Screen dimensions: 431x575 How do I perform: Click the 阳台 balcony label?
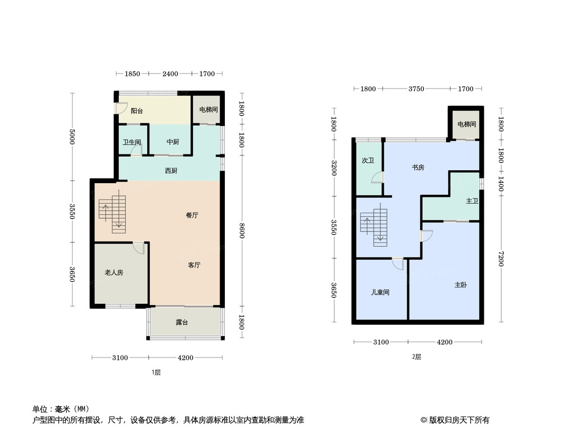tap(137, 111)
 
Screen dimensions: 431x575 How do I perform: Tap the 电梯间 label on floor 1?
tap(208, 110)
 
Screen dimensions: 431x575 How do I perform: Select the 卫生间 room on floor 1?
tap(132, 142)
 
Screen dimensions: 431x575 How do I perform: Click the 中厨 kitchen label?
tap(172, 142)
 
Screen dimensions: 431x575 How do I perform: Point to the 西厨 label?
tap(171, 171)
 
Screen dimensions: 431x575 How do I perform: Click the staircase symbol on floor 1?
tap(112, 214)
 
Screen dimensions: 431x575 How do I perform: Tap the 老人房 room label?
tap(114, 273)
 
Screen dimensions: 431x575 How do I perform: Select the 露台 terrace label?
tap(182, 323)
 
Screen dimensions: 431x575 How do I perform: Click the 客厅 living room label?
tap(194, 265)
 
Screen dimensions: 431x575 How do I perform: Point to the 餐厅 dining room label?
tap(192, 215)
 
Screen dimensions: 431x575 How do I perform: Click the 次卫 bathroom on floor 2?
tap(368, 161)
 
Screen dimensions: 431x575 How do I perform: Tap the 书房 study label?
tap(418, 168)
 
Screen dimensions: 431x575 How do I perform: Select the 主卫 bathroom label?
tap(472, 201)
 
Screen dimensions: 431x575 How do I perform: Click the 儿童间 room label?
tap(380, 293)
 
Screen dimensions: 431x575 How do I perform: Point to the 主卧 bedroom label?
tap(461, 285)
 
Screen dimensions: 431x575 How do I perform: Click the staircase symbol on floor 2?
tap(375, 225)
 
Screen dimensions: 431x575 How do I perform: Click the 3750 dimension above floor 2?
tap(416, 89)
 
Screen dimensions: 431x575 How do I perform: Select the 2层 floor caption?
tap(416, 357)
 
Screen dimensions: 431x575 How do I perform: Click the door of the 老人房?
tap(139, 248)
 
